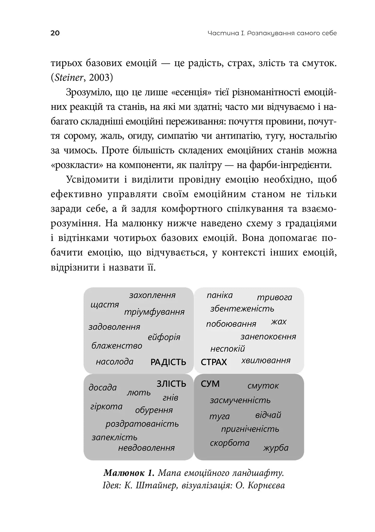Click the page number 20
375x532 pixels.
[x=55, y=33]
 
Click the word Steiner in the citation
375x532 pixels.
[x=67, y=78]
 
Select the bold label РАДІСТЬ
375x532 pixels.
[x=168, y=362]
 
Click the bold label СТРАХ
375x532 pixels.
[x=214, y=362]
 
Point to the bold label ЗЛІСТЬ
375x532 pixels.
[x=171, y=384]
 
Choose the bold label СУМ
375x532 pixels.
[x=210, y=384]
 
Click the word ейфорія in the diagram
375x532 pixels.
[x=164, y=337]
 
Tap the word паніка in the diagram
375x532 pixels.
[x=219, y=295]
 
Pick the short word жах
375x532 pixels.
[x=279, y=322]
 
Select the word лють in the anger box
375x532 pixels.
[x=139, y=393]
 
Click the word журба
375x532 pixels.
[x=276, y=448]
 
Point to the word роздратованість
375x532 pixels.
[x=142, y=424]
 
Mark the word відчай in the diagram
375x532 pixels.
[x=268, y=415]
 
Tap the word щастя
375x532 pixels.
[x=105, y=305]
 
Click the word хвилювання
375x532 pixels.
[x=266, y=361]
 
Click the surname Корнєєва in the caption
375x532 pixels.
[x=266, y=485]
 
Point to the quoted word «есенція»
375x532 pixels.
[x=191, y=92]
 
